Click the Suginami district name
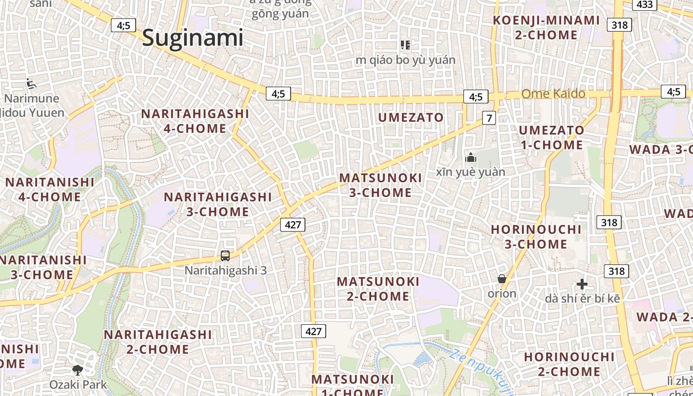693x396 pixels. coord(193,38)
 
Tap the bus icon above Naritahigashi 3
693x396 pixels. coord(225,256)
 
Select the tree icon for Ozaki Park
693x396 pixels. coord(77,370)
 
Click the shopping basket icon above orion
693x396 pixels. coord(502,279)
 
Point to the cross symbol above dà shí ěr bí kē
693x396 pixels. coord(582,284)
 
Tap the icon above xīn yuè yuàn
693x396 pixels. coord(470,158)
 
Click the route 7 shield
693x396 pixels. coord(489,118)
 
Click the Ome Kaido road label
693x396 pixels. coord(553,94)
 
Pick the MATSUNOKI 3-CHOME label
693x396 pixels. coord(381,185)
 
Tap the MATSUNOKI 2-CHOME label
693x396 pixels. coord(378,289)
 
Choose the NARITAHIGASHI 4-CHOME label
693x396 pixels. coord(195,121)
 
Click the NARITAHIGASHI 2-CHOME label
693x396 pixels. coord(157,342)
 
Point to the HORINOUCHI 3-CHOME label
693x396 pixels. coord(536,237)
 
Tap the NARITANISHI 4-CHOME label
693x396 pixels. coord(49,189)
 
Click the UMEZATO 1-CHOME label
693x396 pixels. coord(551,138)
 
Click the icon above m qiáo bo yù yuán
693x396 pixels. coord(405,45)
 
